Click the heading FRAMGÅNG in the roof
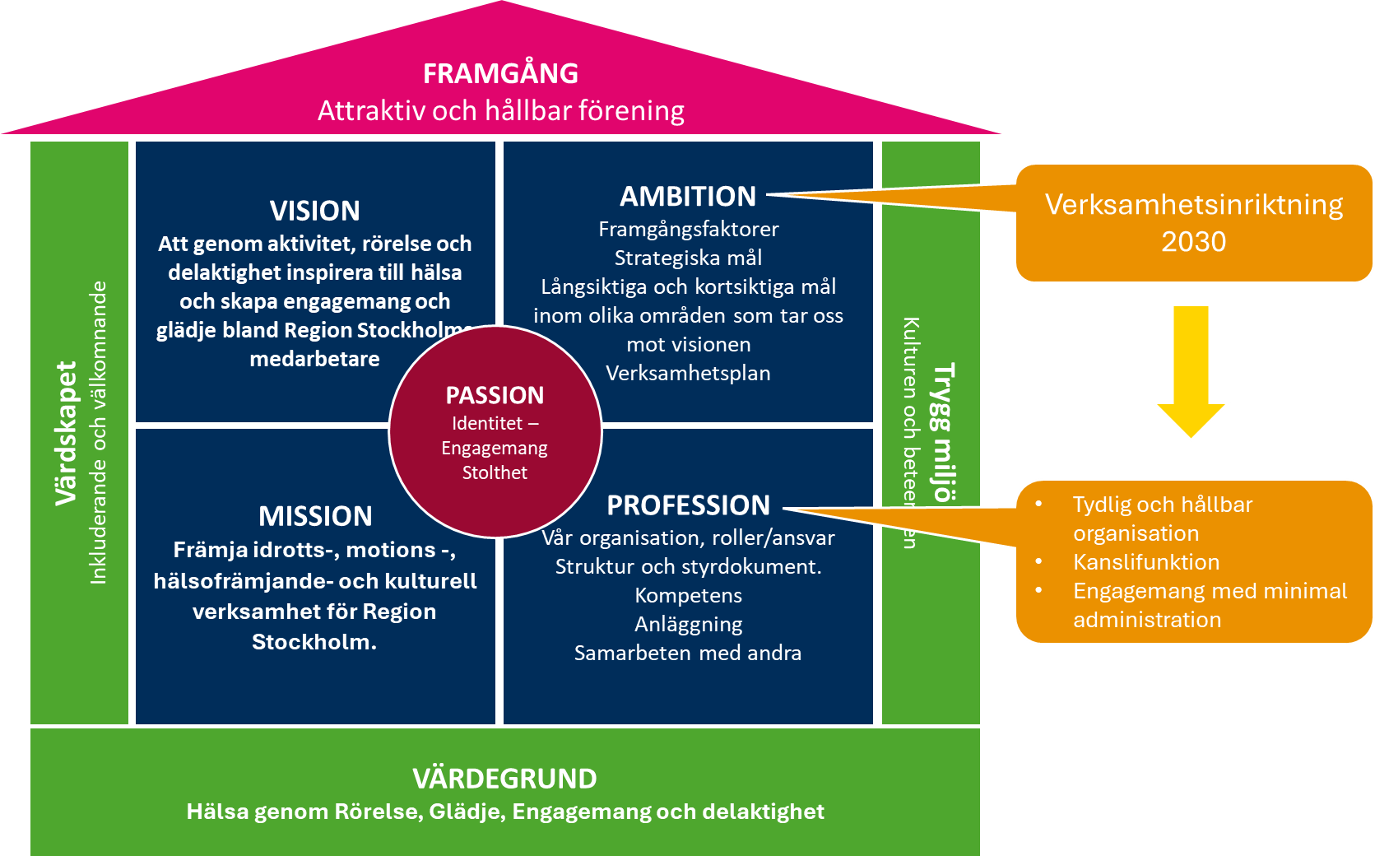[x=500, y=74]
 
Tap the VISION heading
[x=315, y=211]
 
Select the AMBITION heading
[x=688, y=197]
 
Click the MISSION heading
[x=315, y=516]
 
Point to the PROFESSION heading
[x=688, y=505]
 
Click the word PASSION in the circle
[x=495, y=396]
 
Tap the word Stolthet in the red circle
[x=495, y=472]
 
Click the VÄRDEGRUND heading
[x=504, y=779]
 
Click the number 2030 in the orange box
[x=1193, y=242]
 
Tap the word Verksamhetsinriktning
[x=1193, y=204]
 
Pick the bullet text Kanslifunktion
[x=1146, y=562]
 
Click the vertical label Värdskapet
[x=66, y=433]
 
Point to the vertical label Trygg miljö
[x=943, y=431]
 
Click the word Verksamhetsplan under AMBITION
[x=688, y=373]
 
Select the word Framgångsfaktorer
[x=688, y=229]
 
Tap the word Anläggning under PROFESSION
[x=688, y=625]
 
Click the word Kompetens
[x=688, y=595]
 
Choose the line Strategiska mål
[x=688, y=258]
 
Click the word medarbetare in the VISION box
[x=314, y=359]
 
